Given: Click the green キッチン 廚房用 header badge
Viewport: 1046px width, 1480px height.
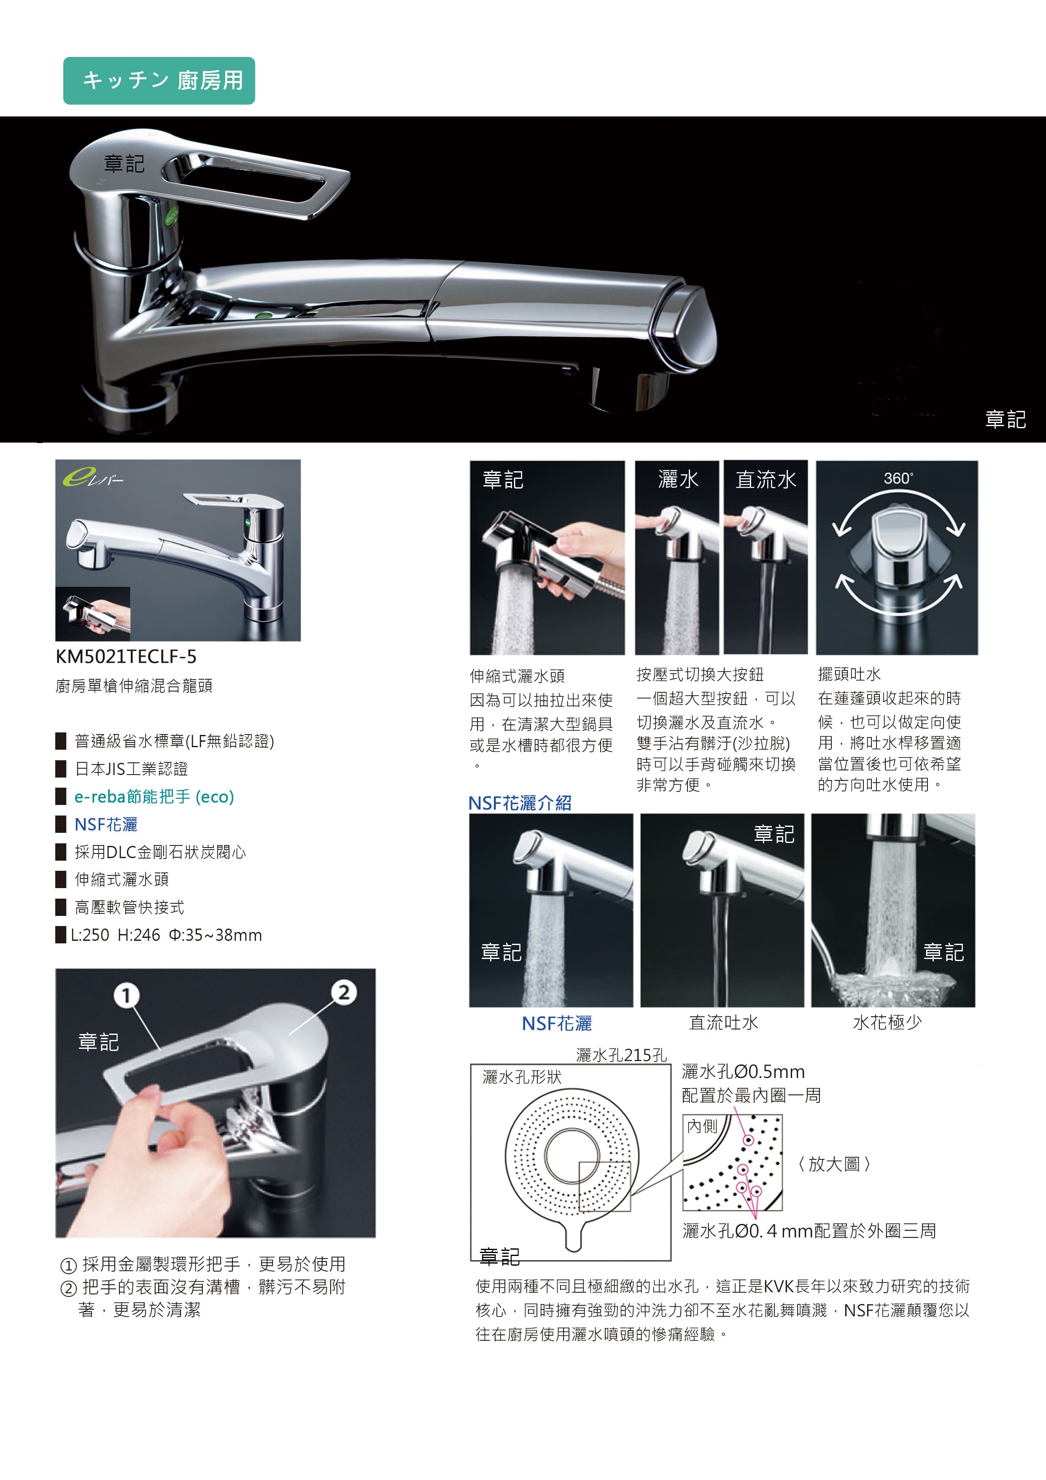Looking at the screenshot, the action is pos(159,81).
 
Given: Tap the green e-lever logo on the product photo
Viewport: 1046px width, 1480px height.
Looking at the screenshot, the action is pos(92,477).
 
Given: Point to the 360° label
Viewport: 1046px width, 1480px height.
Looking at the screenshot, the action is pos(898,478).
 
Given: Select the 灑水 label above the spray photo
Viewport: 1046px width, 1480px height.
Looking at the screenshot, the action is pos(678,480).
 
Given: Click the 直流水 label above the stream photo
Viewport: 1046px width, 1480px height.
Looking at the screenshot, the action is pos(766,480).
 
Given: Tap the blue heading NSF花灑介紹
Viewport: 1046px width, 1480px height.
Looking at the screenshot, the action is pos(520,803).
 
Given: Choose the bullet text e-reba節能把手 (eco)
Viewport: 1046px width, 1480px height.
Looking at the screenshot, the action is pos(154,797).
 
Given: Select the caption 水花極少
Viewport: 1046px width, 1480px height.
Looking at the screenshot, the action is pos(887,1022).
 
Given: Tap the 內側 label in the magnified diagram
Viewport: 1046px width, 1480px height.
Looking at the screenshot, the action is pos(702,1126).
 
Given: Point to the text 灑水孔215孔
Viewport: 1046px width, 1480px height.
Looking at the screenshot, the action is pos(621,1055).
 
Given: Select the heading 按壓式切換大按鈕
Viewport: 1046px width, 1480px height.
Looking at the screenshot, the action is pos(700,674).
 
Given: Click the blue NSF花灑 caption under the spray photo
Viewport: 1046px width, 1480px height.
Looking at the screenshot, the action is pos(557,1024).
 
